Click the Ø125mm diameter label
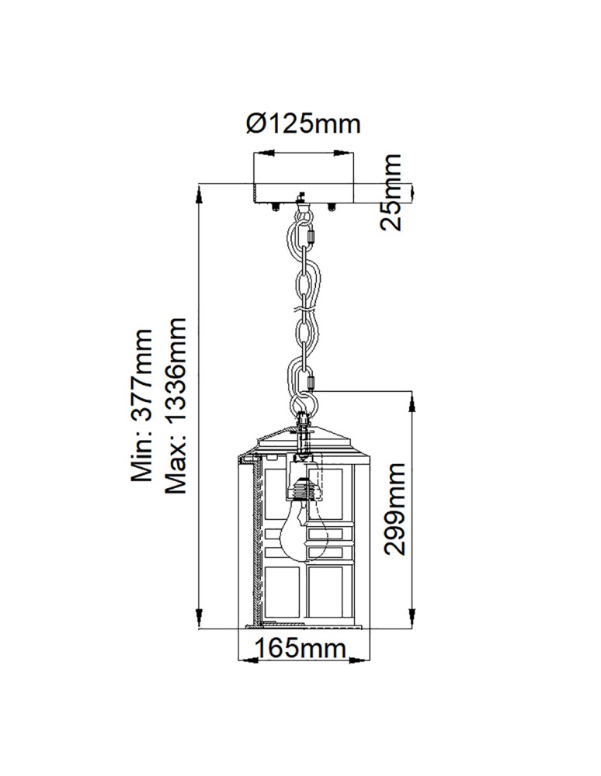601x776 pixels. click(304, 123)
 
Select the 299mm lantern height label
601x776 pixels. click(394, 508)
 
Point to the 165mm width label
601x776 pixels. click(303, 648)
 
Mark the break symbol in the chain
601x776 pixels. click(304, 310)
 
